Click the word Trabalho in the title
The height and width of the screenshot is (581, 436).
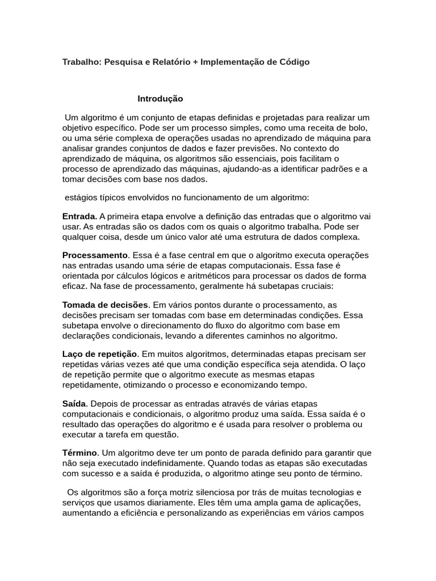pos(80,61)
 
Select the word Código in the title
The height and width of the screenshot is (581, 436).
pos(294,61)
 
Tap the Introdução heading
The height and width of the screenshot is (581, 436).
pos(160,99)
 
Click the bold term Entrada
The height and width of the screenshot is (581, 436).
pos(79,216)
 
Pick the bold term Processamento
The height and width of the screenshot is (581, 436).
pos(95,255)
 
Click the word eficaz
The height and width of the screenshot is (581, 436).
pos(74,286)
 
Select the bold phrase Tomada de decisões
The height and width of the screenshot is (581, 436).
pos(105,305)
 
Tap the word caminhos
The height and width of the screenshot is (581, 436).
pos(261,335)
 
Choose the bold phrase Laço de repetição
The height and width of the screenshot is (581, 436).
pos(99,354)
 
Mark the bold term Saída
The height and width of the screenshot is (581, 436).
pos(74,403)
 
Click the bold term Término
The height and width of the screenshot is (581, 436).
pos(80,453)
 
